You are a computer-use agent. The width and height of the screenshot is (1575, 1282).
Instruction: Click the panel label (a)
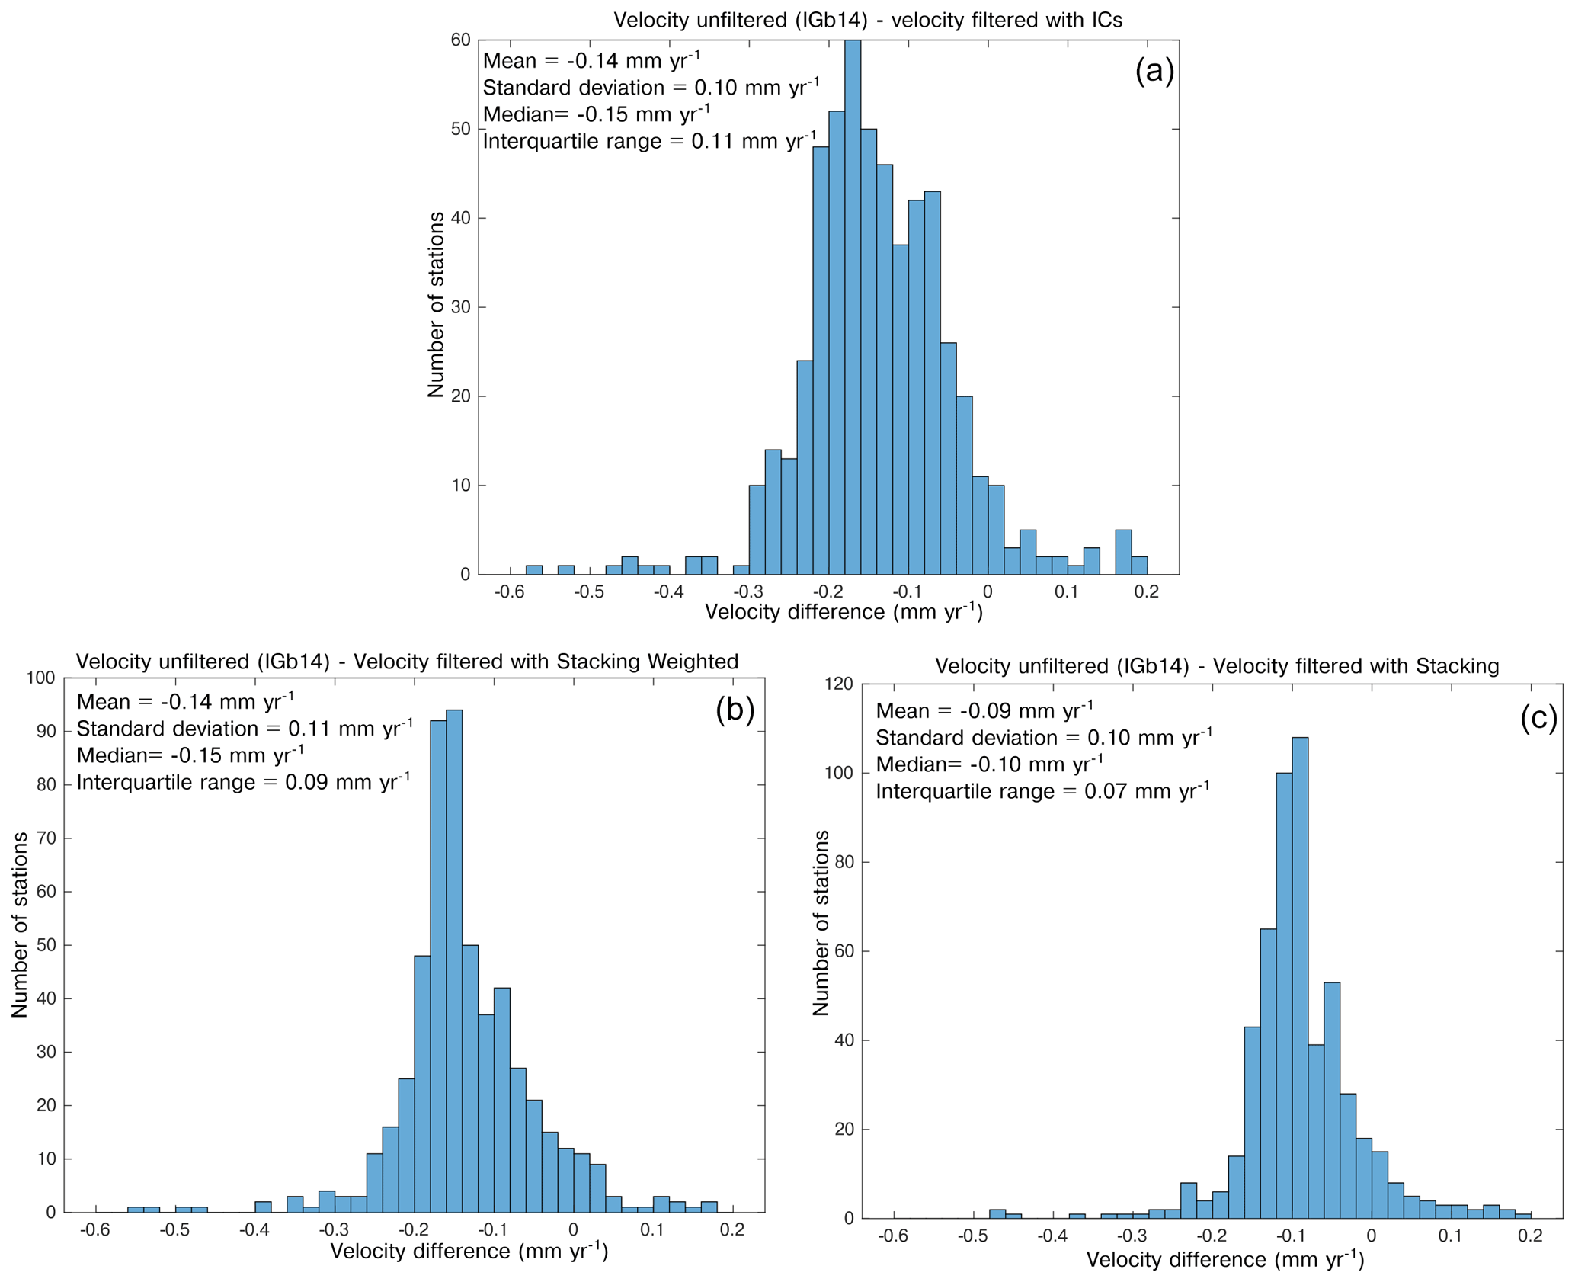click(1154, 70)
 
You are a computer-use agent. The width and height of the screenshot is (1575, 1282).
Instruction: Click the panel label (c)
click(1538, 717)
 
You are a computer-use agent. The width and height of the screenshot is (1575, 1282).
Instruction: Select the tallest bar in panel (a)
click(853, 305)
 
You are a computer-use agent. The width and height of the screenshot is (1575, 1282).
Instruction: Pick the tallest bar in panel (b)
click(454, 960)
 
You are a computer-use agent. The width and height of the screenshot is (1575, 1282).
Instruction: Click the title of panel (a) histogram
click(868, 20)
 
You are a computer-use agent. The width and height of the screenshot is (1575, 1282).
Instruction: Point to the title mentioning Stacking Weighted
click(407, 661)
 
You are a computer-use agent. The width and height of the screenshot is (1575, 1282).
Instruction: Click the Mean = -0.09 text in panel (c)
click(984, 710)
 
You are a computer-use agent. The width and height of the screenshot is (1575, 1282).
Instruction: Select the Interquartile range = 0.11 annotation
click(649, 141)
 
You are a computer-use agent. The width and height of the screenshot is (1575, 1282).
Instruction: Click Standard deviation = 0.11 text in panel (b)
click(245, 729)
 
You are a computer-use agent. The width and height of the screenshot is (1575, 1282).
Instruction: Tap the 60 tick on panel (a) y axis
click(460, 40)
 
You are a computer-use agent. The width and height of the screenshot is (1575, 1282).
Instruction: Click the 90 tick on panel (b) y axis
click(46, 732)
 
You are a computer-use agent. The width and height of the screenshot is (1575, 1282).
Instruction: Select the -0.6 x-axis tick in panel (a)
click(509, 592)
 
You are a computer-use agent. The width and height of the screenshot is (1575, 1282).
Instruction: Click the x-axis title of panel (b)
click(469, 1251)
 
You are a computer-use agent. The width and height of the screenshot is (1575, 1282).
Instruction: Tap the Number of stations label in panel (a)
click(436, 305)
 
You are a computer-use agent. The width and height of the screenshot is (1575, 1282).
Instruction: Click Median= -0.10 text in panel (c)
click(988, 764)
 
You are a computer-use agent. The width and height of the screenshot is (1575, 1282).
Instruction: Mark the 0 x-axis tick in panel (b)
click(573, 1229)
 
